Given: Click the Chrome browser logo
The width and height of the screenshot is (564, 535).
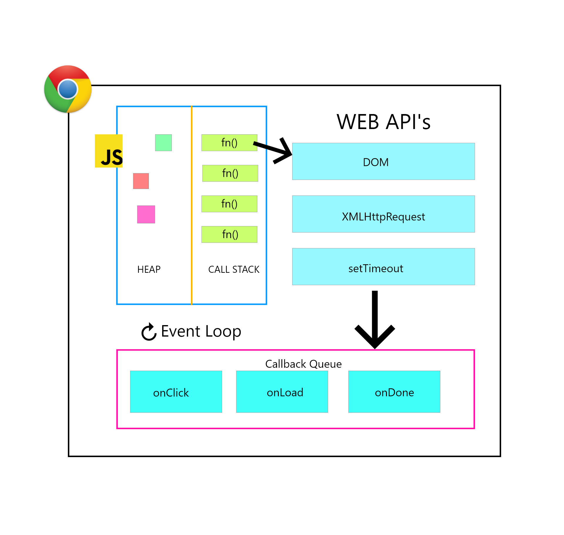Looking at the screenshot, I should point(68,89).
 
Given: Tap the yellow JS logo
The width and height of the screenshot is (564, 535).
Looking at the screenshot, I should point(109,151).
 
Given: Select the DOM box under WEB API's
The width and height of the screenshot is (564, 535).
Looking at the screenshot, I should point(383,161).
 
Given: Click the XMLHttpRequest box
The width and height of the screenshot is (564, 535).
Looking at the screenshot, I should point(383,214).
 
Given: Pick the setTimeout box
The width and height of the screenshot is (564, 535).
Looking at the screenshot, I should point(383,267).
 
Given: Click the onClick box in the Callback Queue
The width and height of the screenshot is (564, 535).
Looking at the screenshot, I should point(176,392).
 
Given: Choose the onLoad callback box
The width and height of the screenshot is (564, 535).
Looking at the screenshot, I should point(282,392).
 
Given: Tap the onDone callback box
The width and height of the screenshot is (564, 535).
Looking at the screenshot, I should point(394,392).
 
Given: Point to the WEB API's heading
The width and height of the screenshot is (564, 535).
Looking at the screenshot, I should point(383,122).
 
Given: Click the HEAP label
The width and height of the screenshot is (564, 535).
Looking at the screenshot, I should point(149,269).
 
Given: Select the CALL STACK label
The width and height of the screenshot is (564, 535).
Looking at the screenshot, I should point(234,269).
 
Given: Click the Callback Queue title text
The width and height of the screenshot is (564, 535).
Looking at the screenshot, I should point(303,364).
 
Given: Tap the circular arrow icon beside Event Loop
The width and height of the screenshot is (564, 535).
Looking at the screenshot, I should point(149,332).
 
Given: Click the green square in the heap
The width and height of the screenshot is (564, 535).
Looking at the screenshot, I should point(163,143).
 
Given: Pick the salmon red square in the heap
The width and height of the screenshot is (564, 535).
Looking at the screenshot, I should point(141,181).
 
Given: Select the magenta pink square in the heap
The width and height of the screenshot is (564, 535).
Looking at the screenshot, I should point(146,214).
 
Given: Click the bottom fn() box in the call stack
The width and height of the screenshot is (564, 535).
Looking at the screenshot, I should point(229,234).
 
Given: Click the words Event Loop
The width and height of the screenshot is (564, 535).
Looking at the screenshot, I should point(201,331).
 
